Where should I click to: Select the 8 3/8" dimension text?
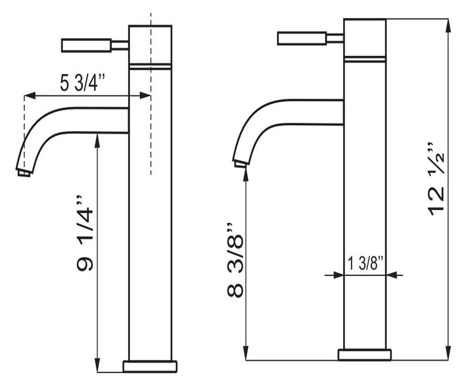pos(235,259)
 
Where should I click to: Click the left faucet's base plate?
pos(150,367)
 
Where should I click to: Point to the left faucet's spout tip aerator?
pos(24,174)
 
